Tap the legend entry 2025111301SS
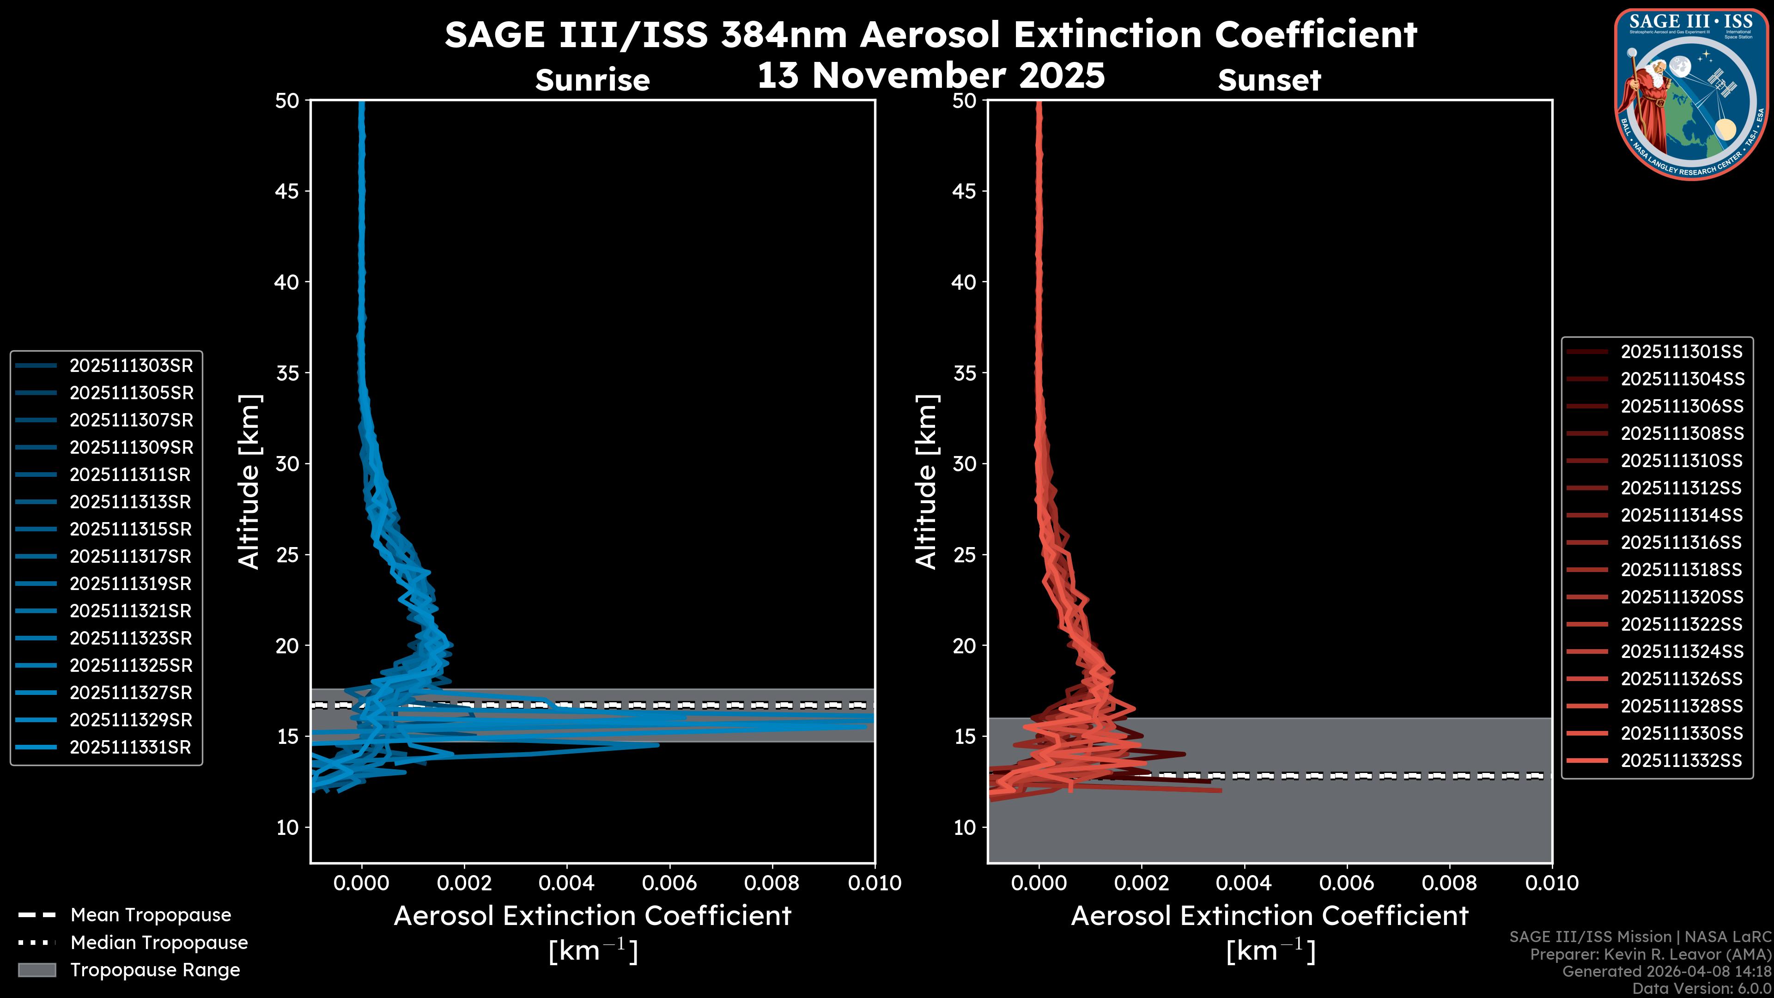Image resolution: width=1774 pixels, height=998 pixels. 1681,352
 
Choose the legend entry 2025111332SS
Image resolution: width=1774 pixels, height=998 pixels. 1681,761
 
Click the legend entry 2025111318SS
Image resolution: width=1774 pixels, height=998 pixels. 1681,570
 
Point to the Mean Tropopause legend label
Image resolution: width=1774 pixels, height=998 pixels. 151,915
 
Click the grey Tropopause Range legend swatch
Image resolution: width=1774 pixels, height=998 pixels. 36,970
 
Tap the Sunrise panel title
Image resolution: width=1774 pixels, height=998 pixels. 592,80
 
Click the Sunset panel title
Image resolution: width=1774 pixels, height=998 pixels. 1269,80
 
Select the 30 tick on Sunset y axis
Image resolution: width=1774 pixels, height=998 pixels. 964,463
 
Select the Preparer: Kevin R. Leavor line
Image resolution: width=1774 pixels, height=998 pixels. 1650,954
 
